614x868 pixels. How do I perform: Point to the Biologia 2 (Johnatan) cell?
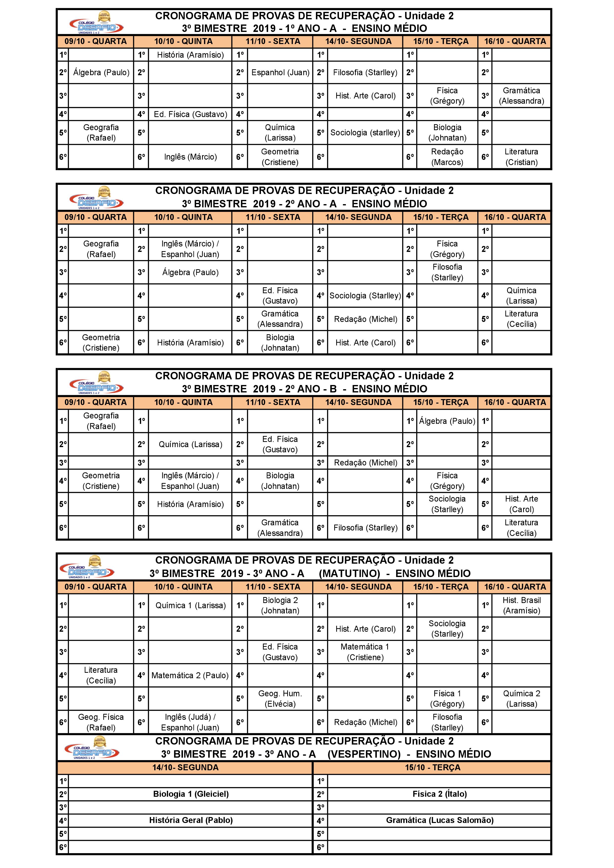click(x=280, y=605)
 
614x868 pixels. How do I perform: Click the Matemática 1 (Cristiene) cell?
click(x=365, y=652)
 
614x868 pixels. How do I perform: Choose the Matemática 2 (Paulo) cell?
click(x=190, y=675)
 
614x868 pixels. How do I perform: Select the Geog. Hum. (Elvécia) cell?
click(x=280, y=699)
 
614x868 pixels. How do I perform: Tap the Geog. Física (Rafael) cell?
click(x=101, y=722)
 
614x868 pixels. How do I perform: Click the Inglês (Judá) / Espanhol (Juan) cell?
click(x=190, y=722)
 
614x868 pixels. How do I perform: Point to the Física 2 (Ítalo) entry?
click(x=440, y=794)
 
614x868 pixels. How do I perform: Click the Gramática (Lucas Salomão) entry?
click(x=440, y=820)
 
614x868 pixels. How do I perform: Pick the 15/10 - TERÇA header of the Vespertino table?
click(x=433, y=768)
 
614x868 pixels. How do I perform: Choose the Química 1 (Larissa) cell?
click(x=190, y=605)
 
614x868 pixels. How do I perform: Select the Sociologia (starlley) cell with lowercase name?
click(x=365, y=133)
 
